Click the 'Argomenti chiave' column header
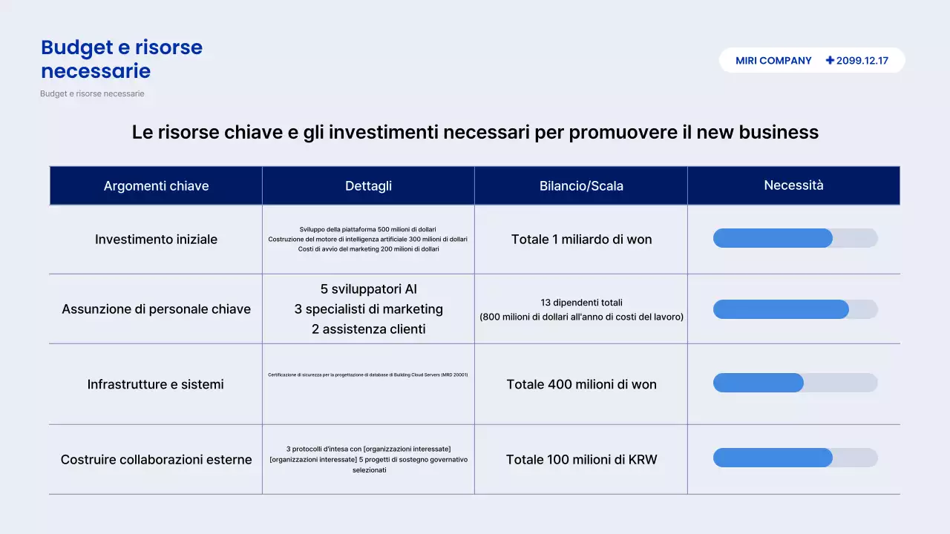click(156, 186)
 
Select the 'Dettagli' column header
click(368, 186)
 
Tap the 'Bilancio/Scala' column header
click(581, 186)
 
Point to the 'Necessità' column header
click(793, 185)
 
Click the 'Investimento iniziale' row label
click(156, 240)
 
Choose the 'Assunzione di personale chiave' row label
click(156, 309)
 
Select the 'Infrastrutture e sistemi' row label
click(156, 384)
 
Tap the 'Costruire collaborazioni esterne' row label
click(156, 460)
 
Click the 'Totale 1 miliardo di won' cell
click(581, 240)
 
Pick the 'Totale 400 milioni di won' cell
click(581, 384)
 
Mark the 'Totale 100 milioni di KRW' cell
click(581, 460)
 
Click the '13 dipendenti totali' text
click(581, 303)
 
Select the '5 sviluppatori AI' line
click(368, 289)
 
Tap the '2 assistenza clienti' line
click(368, 329)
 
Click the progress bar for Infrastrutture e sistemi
click(795, 383)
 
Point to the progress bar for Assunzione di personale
click(795, 309)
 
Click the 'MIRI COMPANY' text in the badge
click(773, 61)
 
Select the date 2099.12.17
click(862, 61)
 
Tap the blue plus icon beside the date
click(830, 61)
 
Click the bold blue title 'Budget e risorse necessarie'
click(122, 59)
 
